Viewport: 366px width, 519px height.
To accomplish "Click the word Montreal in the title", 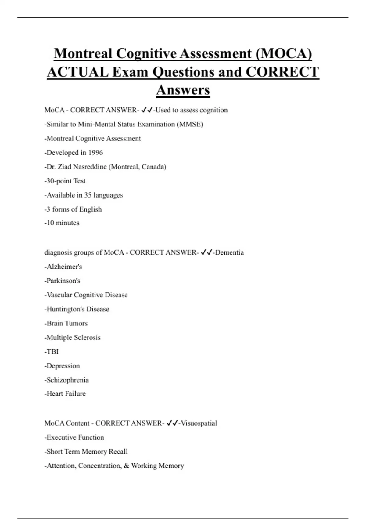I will [83, 53].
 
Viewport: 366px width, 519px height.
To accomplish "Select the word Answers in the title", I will [183, 90].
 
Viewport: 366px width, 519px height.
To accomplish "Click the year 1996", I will [95, 153].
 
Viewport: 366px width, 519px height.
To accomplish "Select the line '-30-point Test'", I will [65, 181].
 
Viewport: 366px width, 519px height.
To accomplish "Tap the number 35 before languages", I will [88, 195].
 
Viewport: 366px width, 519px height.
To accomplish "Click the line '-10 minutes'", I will [62, 223].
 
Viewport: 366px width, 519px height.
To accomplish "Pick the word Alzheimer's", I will [64, 267].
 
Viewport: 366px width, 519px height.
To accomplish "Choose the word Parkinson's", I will [63, 281].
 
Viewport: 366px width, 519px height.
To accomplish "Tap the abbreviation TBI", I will [52, 352].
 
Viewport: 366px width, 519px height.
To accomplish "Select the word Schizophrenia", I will [68, 380].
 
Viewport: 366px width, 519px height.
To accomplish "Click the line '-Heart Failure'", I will [65, 394].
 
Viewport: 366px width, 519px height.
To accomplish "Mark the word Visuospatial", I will [199, 423].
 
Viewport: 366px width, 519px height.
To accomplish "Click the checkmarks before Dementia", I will [206, 252].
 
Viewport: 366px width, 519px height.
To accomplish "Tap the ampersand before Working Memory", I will [127, 466].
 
